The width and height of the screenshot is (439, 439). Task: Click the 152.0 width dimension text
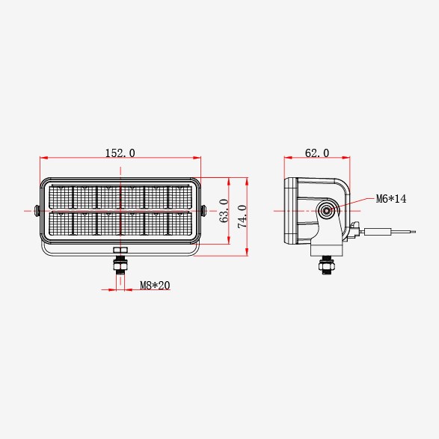[120, 153]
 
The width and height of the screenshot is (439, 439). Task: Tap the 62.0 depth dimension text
[317, 153]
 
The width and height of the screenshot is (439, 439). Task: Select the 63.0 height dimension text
[224, 211]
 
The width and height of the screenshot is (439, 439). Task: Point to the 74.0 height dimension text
[242, 216]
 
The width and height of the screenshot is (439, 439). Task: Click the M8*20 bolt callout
[155, 285]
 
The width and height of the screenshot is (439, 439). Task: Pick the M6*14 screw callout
[391, 199]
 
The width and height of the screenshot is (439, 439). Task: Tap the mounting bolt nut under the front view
[120, 264]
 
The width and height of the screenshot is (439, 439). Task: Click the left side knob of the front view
[37, 211]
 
